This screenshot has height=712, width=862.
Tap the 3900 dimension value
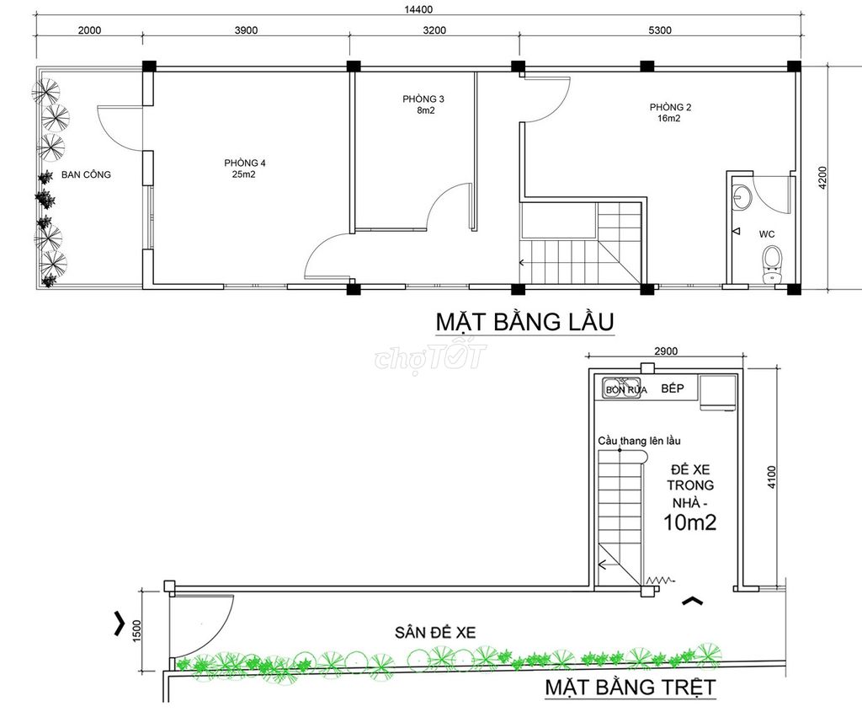pyautogui.click(x=246, y=30)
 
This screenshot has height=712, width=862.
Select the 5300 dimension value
pyautogui.click(x=660, y=30)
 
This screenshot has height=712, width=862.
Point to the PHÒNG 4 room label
pyautogui.click(x=245, y=163)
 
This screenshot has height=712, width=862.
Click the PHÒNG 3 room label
pyautogui.click(x=423, y=99)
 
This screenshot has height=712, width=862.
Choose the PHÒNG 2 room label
pyautogui.click(x=670, y=107)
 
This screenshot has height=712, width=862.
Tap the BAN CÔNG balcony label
pyautogui.click(x=86, y=174)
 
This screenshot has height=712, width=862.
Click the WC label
pyautogui.click(x=767, y=234)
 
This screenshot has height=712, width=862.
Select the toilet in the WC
pyautogui.click(x=773, y=265)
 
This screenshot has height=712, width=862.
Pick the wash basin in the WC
pyautogui.click(x=742, y=196)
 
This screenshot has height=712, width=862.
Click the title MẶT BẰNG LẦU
pyautogui.click(x=524, y=322)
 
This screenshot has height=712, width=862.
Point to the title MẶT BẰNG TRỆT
pyautogui.click(x=631, y=688)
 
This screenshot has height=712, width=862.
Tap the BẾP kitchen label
pyautogui.click(x=673, y=388)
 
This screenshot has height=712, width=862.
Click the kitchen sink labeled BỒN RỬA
pyautogui.click(x=622, y=388)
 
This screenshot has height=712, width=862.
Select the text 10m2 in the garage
pyautogui.click(x=690, y=522)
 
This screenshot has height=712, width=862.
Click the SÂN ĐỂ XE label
pyautogui.click(x=435, y=633)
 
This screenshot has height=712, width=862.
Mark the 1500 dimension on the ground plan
pyautogui.click(x=137, y=630)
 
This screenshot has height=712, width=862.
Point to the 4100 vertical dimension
pyautogui.click(x=772, y=477)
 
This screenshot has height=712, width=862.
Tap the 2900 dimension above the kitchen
pyautogui.click(x=666, y=351)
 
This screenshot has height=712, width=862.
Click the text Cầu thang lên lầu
pyautogui.click(x=640, y=441)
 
